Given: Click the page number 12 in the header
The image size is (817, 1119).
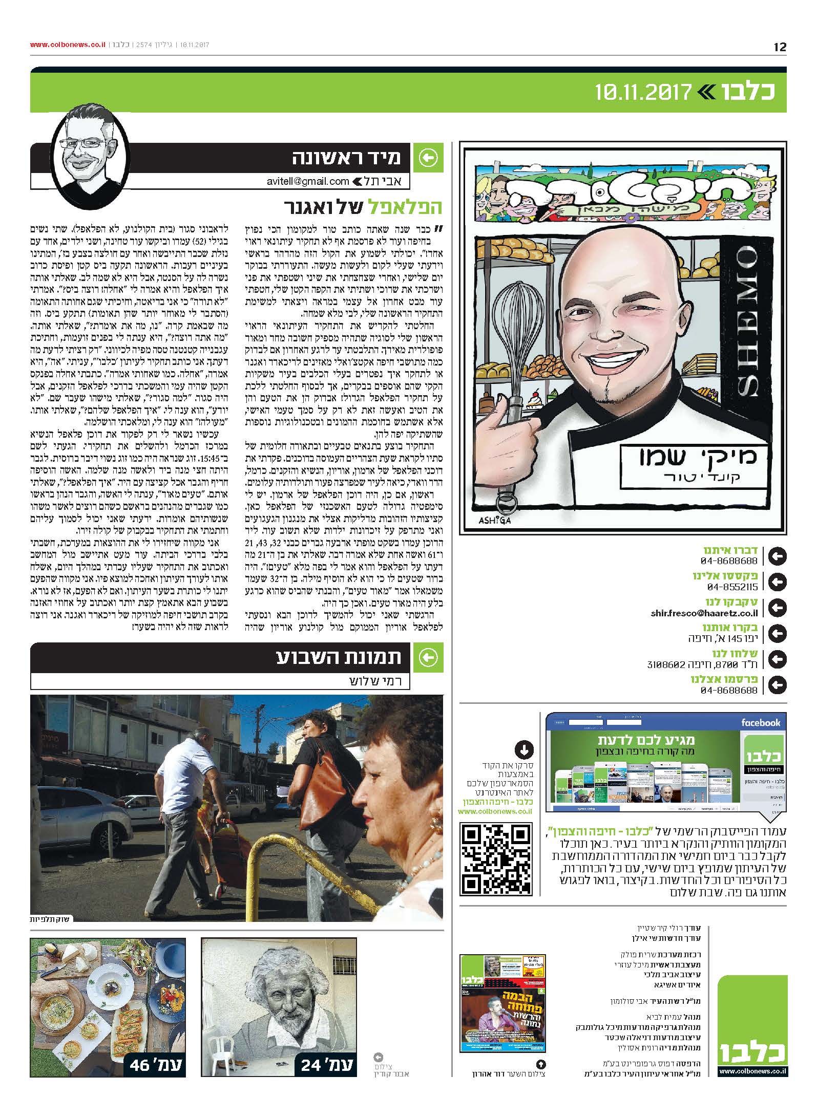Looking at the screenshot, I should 780,47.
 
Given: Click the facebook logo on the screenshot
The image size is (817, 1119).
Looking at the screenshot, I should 760,722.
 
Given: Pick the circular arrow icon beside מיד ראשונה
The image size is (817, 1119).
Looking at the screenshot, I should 428,159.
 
